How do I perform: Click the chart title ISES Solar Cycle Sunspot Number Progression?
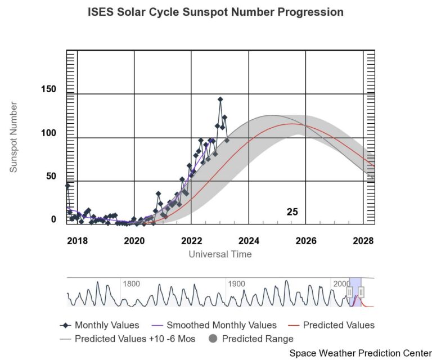pos(215,12)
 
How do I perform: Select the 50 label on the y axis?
pos(51,177)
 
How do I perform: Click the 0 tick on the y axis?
pos(54,220)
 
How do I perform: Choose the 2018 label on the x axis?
pos(77,241)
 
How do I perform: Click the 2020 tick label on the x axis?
pos(134,241)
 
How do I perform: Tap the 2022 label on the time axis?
pos(192,241)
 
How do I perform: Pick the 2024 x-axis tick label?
pos(249,241)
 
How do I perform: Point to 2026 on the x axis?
pos(307,241)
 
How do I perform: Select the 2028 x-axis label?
pos(363,241)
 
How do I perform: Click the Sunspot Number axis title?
pos(14,137)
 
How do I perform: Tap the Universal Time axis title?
pos(220,254)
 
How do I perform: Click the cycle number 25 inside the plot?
pos(292,212)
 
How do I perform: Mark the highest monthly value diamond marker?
pos(220,99)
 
